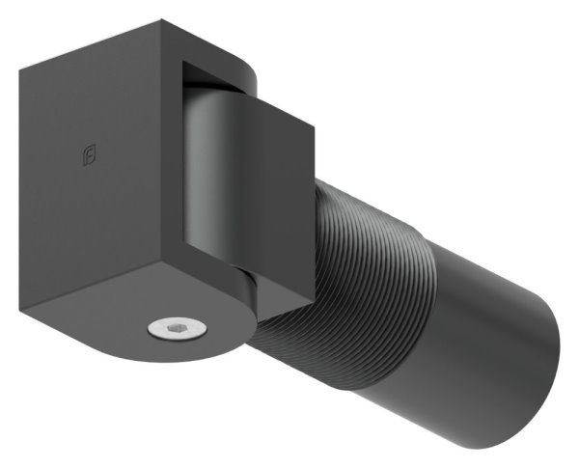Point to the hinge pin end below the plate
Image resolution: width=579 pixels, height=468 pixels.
click(x=245, y=289)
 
